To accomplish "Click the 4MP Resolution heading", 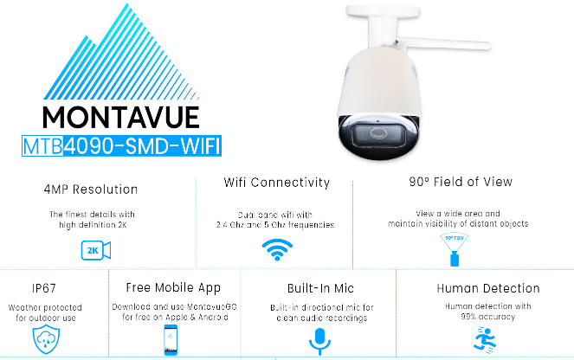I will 90,190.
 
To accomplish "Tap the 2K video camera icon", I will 96,251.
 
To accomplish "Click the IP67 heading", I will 28,287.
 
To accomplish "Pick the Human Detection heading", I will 487,288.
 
